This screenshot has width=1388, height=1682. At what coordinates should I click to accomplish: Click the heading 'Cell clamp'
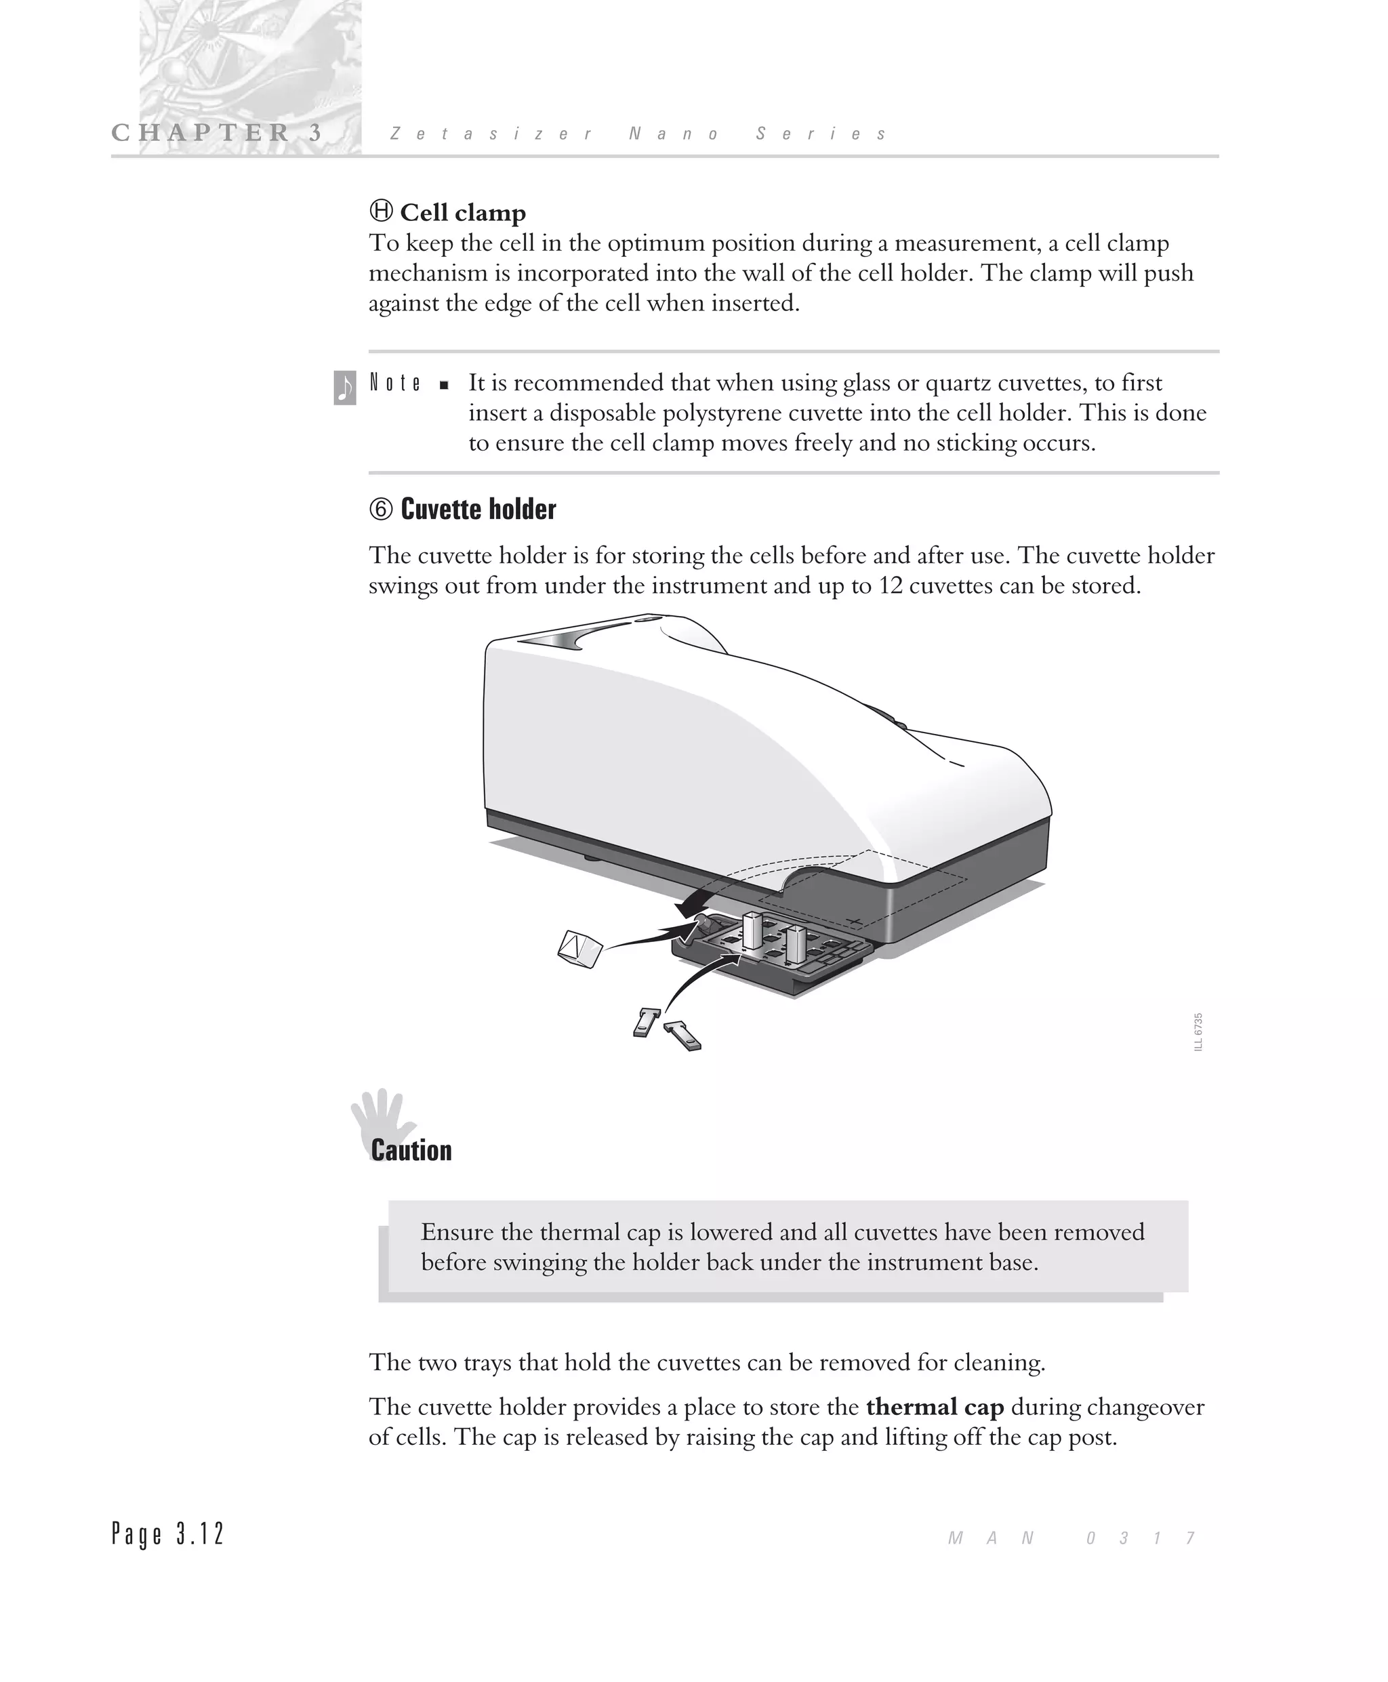pyautogui.click(x=462, y=213)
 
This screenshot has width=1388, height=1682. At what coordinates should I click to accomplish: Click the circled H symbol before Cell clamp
pyautogui.click(x=381, y=212)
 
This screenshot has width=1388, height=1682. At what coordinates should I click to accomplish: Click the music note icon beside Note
pyautogui.click(x=344, y=388)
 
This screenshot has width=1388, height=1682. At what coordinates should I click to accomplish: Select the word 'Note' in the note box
pyautogui.click(x=395, y=383)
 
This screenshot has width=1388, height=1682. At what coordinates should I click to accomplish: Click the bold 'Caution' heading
pyautogui.click(x=411, y=1151)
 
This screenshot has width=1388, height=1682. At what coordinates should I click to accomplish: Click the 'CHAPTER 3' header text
pyautogui.click(x=217, y=133)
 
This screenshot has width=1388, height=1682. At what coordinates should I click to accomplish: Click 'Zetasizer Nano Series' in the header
pyautogui.click(x=638, y=134)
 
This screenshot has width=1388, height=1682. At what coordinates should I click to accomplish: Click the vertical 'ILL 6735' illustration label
pyautogui.click(x=1198, y=1033)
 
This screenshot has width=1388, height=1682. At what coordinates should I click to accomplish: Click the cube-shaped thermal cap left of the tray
pyautogui.click(x=579, y=948)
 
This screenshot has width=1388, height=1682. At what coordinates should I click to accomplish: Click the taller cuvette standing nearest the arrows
pyautogui.click(x=752, y=930)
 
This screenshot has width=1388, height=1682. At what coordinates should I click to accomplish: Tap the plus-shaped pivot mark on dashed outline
pyautogui.click(x=855, y=922)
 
